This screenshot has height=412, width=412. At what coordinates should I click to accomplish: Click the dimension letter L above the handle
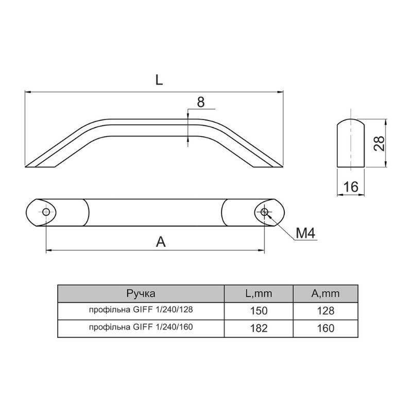(x=159, y=80)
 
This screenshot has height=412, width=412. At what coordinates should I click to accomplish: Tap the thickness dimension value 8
(x=201, y=102)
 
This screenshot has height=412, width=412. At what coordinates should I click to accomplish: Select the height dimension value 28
(x=379, y=144)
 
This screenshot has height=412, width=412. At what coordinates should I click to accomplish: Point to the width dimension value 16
(x=351, y=187)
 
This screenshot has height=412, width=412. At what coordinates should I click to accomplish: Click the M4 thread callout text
(x=305, y=233)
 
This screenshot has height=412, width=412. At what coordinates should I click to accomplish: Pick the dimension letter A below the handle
(x=161, y=242)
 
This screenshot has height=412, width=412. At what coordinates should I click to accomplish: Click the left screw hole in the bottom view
(x=46, y=212)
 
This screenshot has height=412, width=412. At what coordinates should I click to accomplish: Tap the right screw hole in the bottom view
(x=264, y=212)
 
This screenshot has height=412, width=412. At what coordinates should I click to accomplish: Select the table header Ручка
(x=141, y=293)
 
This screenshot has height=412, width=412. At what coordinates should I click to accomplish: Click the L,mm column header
(x=259, y=294)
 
